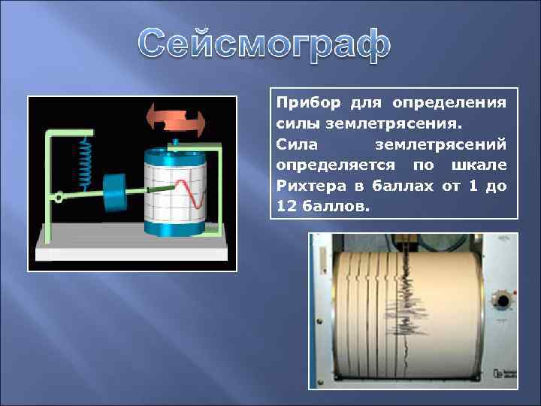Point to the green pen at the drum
160,189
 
